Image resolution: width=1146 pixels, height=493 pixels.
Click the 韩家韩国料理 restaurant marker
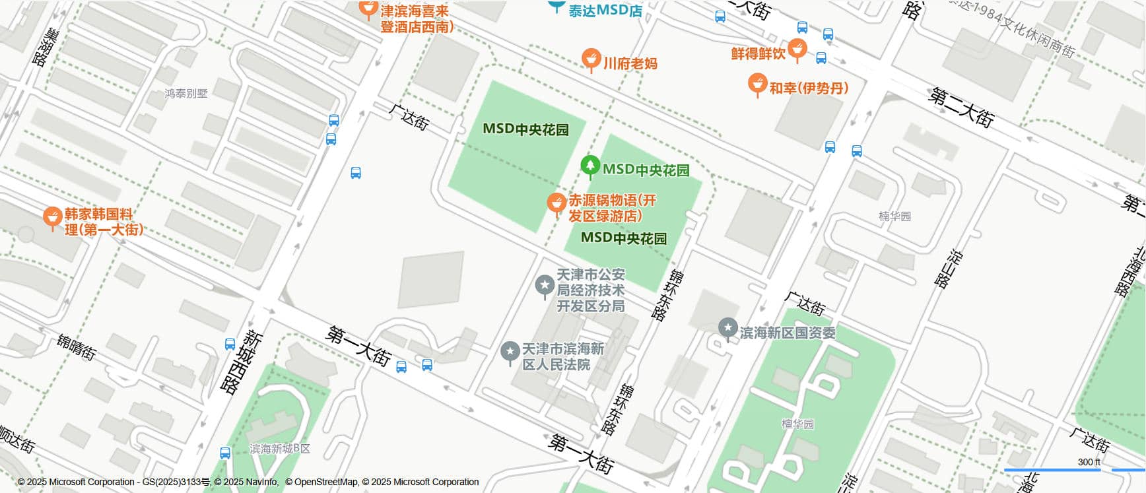tap(52, 217)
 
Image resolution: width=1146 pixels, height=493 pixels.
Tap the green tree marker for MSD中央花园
tap(590, 166)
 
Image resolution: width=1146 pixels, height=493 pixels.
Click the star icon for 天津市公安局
tap(545, 285)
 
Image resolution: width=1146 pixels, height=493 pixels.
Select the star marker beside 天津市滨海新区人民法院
tap(510, 352)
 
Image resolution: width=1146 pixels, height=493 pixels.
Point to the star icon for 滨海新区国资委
tap(727, 328)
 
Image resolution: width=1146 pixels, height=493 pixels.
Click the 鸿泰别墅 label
tap(186, 94)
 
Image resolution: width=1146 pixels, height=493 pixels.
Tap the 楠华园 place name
tap(894, 216)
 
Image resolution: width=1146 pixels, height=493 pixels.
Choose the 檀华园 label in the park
tap(797, 424)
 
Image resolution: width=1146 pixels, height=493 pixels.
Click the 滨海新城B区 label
tap(280, 449)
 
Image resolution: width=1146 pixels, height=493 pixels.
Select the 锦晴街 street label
tap(77, 346)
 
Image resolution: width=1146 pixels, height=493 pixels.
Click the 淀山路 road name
tap(948, 268)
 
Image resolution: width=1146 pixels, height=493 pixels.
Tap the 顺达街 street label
tap(17, 439)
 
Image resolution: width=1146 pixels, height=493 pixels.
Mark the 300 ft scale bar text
tap(1089, 462)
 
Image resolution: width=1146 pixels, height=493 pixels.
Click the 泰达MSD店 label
tap(605, 11)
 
